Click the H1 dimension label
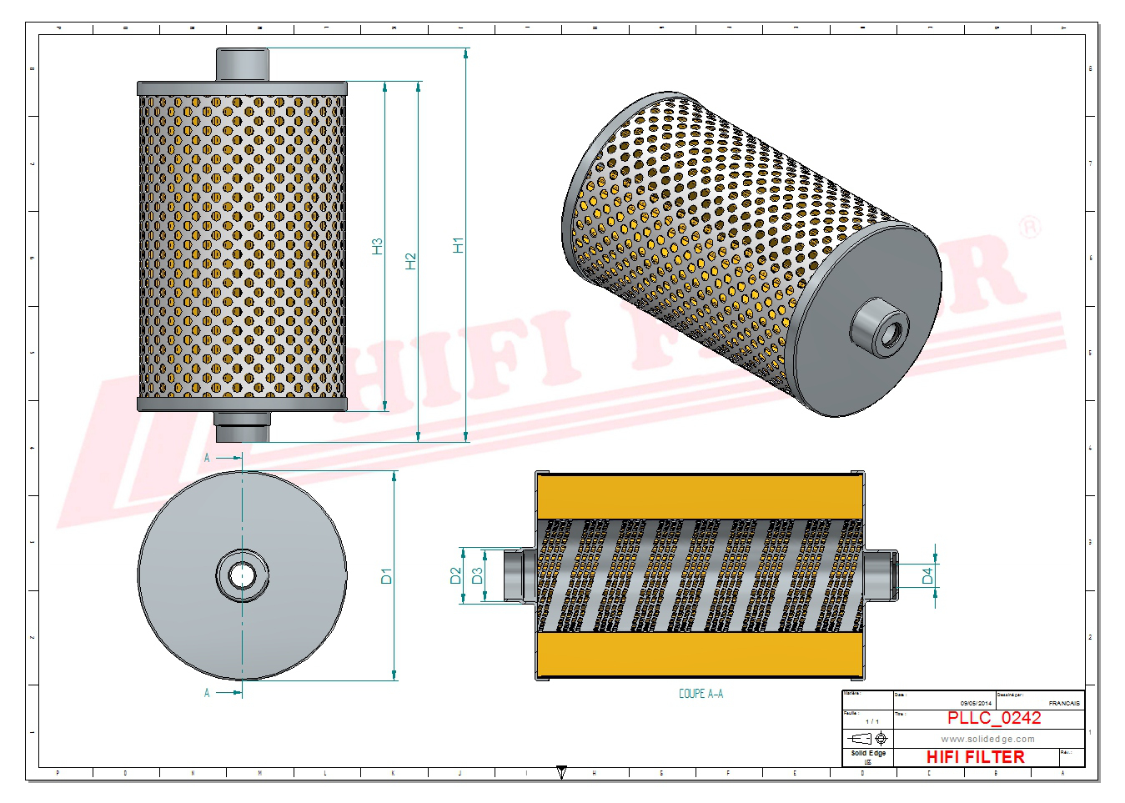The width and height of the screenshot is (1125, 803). coord(458,245)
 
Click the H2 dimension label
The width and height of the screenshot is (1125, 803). coord(410,261)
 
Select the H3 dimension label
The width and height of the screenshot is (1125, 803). coord(377,246)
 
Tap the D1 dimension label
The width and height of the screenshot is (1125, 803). coord(386,575)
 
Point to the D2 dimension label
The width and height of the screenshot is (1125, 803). coord(455,575)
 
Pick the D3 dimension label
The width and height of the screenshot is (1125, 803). coord(477,575)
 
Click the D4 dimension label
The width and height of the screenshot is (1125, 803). coord(927,575)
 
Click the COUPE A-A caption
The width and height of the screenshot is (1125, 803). coord(701,694)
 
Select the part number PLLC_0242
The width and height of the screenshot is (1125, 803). coord(993,718)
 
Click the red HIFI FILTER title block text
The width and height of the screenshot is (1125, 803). coord(975,757)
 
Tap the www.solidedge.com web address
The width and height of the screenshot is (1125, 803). coord(987,739)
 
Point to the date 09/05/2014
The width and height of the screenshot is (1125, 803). coord(976,704)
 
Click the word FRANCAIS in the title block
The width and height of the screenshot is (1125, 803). coord(1063,704)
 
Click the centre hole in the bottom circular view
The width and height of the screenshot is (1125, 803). coord(243,575)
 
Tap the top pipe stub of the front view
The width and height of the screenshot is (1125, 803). coord(243,64)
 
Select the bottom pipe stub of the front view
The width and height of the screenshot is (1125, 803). coord(243,427)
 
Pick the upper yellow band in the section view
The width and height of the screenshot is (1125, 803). coord(701,497)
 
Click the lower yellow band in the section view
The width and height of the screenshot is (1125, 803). coord(701,654)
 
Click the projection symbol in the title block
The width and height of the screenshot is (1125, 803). coord(867,739)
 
